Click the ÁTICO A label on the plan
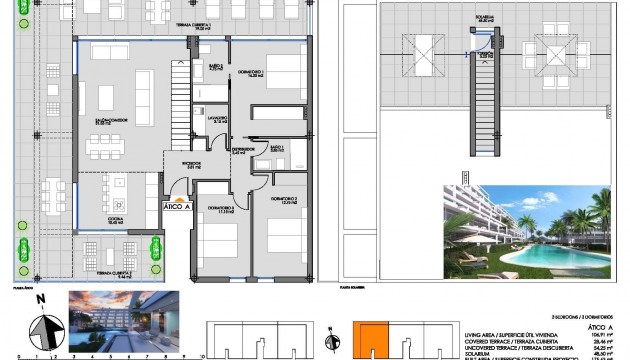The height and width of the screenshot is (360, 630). [x=177, y=208]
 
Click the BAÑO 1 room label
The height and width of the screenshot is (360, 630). [x=277, y=149]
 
